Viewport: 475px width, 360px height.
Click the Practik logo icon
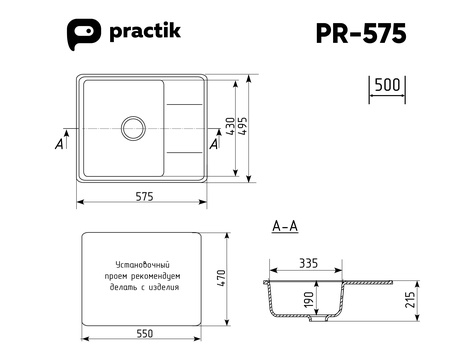pyautogui.click(x=84, y=34)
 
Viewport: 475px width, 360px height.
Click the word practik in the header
pyautogui.click(x=145, y=32)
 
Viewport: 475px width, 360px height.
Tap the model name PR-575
pyautogui.click(x=361, y=33)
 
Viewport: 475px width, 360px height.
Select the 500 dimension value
pyautogui.click(x=387, y=85)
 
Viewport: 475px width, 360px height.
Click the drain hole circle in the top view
pyautogui.click(x=133, y=128)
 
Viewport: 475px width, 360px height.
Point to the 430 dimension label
pyautogui.click(x=230, y=126)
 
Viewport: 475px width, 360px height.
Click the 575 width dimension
pyautogui.click(x=145, y=196)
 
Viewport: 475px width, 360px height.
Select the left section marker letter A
pyautogui.click(x=59, y=144)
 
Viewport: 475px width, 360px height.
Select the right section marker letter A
pyautogui.click(x=214, y=144)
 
